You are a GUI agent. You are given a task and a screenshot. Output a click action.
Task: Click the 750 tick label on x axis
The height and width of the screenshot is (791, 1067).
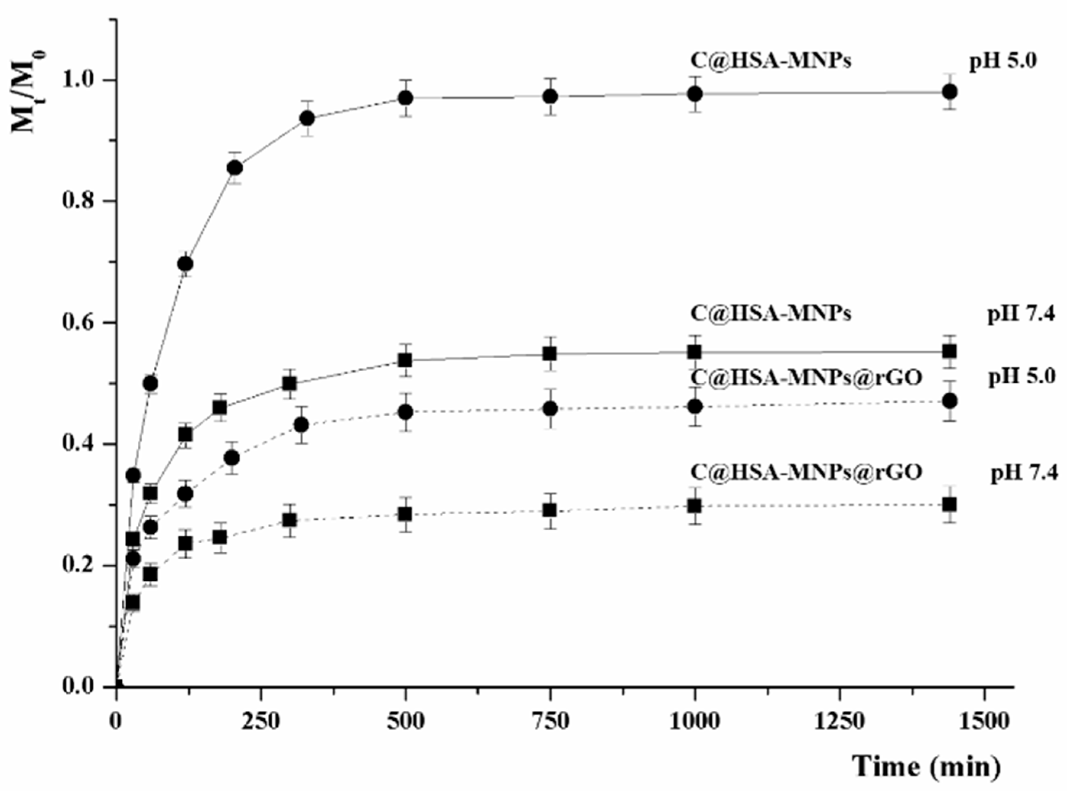click(551, 721)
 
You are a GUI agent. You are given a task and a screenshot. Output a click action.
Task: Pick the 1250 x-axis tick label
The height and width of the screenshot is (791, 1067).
click(839, 721)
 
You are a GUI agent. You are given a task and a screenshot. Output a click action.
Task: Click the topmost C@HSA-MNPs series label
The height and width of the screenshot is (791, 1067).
click(771, 61)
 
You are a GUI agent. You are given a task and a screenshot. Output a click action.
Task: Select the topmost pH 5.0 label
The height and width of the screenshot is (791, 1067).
click(1003, 62)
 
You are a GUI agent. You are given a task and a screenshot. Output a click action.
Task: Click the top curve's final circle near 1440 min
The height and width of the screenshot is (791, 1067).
click(950, 92)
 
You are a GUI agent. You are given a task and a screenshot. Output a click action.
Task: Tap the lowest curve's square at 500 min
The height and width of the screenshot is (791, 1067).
click(405, 515)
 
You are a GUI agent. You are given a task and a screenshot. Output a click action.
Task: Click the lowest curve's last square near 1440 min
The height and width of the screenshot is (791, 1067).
click(950, 505)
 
